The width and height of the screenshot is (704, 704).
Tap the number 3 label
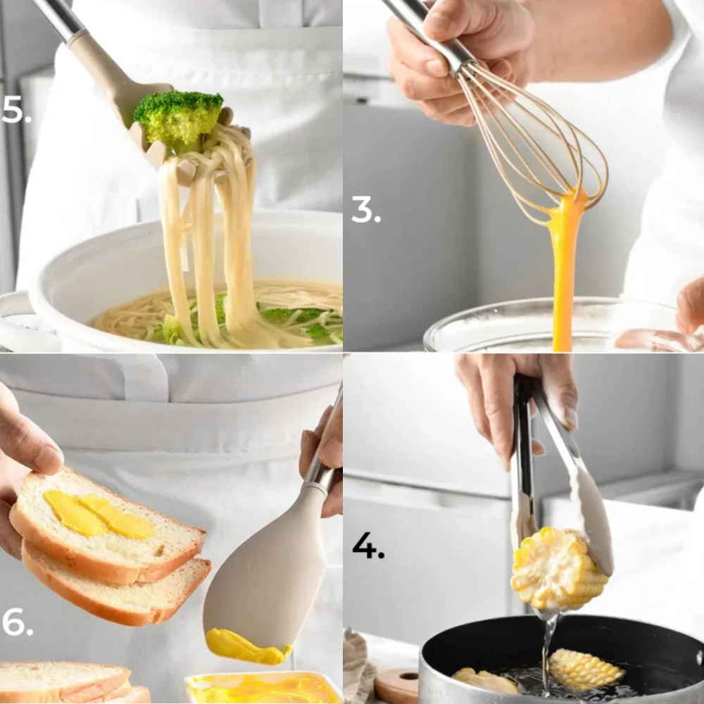[x=366, y=209]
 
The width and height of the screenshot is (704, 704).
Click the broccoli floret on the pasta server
[x=179, y=118]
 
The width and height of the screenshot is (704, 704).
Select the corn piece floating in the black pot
[x=586, y=669]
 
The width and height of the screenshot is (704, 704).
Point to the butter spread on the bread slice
[x=98, y=515]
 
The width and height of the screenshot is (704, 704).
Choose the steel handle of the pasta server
[x=58, y=18]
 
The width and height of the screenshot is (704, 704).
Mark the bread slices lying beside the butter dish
[x=72, y=682]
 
